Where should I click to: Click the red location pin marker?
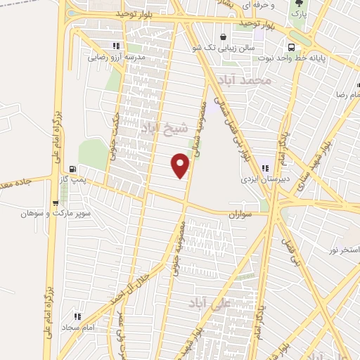[x=181, y=166]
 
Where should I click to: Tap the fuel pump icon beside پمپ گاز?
[x=73, y=169]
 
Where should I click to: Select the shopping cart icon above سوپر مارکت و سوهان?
[x=55, y=203]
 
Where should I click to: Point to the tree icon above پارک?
[x=297, y=4]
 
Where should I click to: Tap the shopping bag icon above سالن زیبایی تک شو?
[x=224, y=37]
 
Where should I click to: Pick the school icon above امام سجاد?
[x=77, y=316]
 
